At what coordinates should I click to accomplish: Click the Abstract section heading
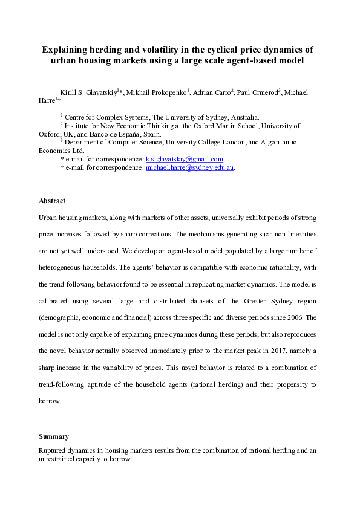point(52,201)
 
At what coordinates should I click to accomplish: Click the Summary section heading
point(54,436)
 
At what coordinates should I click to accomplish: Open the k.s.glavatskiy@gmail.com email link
point(185,159)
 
